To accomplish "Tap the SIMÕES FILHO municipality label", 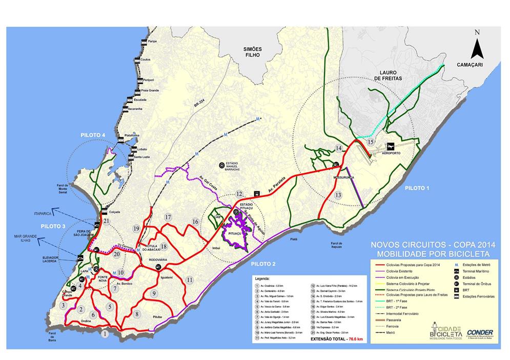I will coord(253,52).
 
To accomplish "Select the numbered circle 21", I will coord(106,221).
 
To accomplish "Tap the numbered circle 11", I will coord(189,279).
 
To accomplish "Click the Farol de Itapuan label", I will coord(336,245).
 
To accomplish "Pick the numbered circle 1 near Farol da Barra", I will coord(105,334).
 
